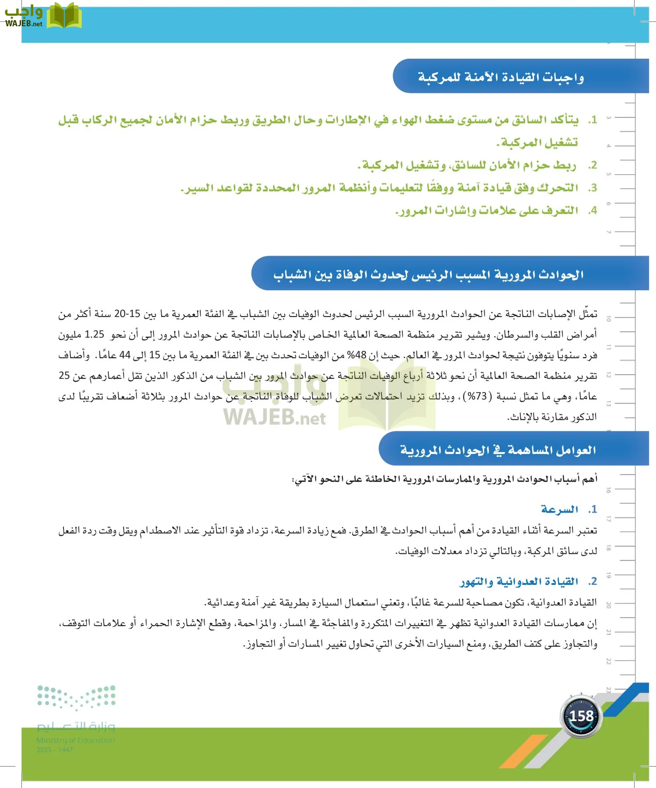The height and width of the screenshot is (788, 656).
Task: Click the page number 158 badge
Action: point(581,716)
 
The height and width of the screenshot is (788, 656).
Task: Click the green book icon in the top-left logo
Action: point(64,16)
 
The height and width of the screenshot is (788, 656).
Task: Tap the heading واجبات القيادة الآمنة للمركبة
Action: point(501,77)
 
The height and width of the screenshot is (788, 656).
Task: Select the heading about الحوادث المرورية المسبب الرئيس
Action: point(428,274)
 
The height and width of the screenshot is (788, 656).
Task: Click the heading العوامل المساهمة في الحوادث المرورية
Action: point(498,450)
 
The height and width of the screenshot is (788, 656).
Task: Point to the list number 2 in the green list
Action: point(592,165)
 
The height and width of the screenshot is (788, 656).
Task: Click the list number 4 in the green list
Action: point(592,211)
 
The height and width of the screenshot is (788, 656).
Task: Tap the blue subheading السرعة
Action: point(559,509)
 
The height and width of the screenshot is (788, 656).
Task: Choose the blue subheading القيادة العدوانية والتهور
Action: point(519,581)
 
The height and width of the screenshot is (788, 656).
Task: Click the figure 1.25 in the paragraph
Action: point(94,334)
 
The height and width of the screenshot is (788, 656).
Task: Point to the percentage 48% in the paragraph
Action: point(357,355)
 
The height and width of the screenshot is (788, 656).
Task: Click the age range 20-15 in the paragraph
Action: point(127,314)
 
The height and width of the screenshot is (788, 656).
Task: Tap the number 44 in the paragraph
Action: point(125,355)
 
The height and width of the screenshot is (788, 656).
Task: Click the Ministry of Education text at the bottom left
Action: point(76,740)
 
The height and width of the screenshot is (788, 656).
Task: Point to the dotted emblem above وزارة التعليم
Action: point(76,697)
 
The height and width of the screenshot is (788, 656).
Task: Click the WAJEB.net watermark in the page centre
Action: point(275,417)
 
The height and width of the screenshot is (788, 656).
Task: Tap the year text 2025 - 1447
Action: point(55,749)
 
